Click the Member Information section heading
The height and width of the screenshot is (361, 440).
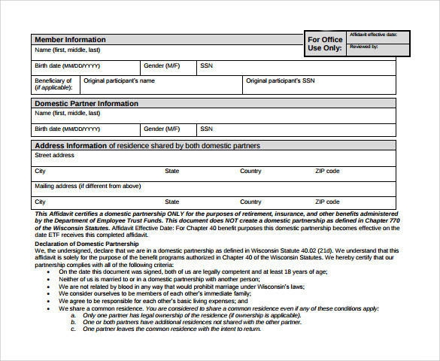[70, 39]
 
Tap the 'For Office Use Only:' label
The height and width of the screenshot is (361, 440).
[325, 44]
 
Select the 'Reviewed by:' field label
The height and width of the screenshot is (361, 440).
[364, 47]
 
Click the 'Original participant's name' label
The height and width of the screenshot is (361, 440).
[119, 80]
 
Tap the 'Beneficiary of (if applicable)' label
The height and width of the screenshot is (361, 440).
[53, 84]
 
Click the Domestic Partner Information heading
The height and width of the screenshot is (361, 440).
[86, 103]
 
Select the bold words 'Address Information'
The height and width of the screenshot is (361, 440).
[71, 145]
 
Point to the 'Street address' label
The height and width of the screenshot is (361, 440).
[54, 155]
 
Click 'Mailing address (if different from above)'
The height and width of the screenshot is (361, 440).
[88, 186]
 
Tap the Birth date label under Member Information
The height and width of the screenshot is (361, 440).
[67, 65]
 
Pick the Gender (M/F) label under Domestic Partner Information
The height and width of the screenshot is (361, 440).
[162, 129]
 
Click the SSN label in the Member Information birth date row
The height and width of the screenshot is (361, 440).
[207, 65]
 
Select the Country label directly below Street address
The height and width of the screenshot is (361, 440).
[250, 171]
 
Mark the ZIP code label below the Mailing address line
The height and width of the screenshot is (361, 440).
[327, 202]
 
